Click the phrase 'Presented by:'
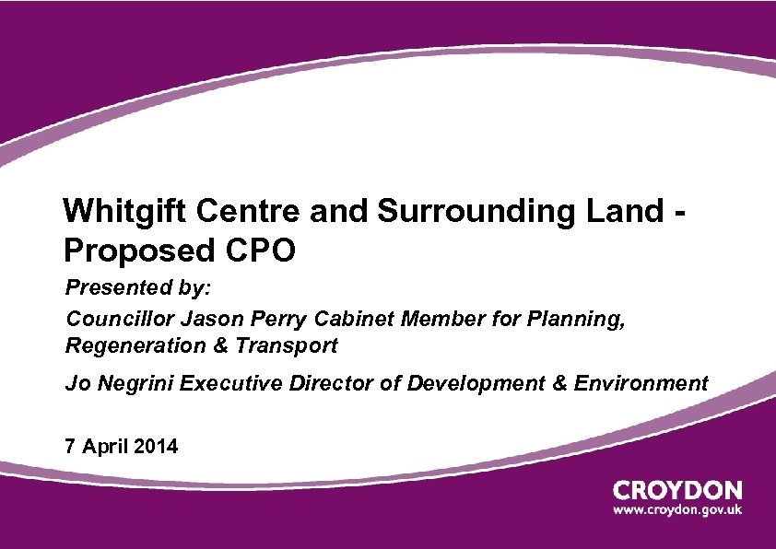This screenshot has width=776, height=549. tap(138, 288)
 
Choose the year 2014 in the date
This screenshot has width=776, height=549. tap(156, 447)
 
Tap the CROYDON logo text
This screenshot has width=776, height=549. tap(677, 489)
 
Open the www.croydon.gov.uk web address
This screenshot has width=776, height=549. tap(677, 509)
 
